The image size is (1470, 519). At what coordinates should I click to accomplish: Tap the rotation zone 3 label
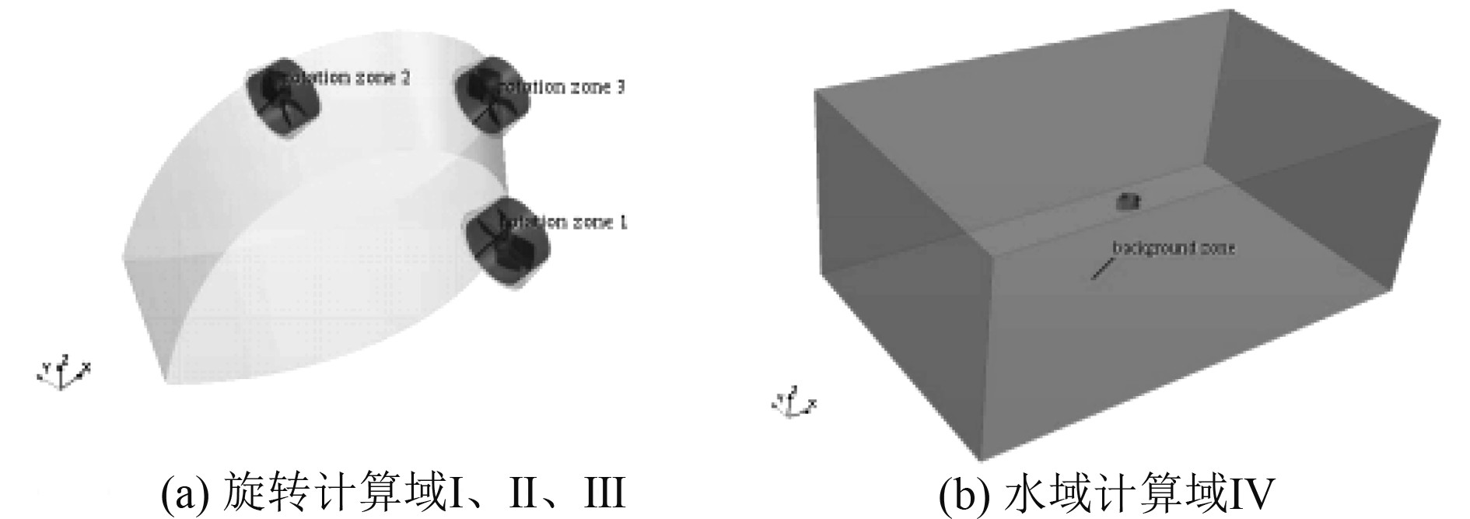click(562, 86)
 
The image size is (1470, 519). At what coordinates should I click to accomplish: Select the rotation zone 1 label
click(565, 223)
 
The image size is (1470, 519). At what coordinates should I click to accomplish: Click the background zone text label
click(1174, 248)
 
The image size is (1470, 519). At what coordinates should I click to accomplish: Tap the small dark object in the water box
click(1128, 202)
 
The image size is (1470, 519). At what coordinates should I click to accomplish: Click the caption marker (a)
click(184, 493)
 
